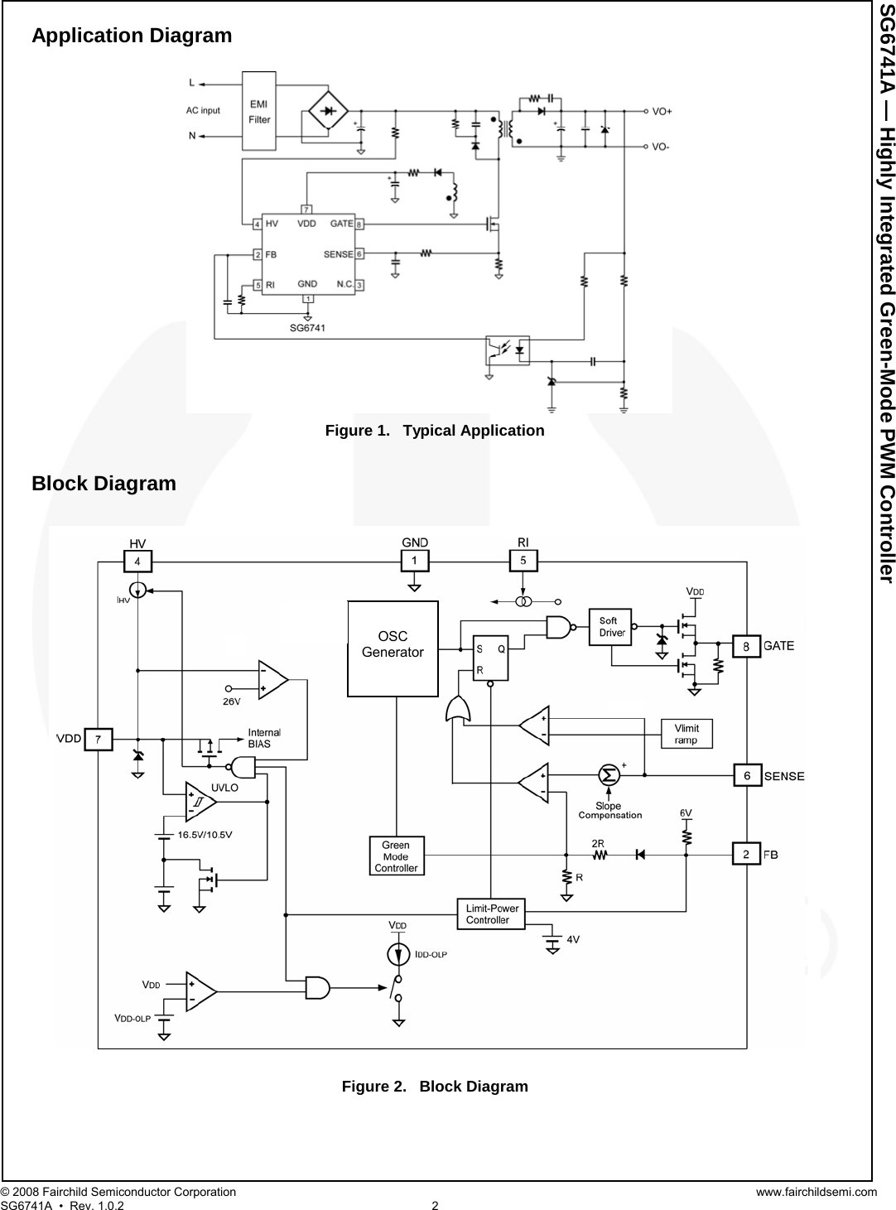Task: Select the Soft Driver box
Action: coord(610,627)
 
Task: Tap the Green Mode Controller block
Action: coord(396,856)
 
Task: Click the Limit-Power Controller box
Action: coord(492,914)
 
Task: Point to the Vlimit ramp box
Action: coord(686,734)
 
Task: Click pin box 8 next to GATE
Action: coord(746,645)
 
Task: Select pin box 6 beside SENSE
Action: coord(747,776)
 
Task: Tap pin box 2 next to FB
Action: coord(746,854)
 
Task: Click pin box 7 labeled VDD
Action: coord(98,739)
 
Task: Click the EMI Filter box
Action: coord(259,111)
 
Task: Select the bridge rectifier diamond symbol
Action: coord(328,110)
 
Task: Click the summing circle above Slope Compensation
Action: coord(609,775)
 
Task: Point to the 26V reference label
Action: coord(232,700)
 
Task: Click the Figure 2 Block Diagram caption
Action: coord(435,1086)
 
